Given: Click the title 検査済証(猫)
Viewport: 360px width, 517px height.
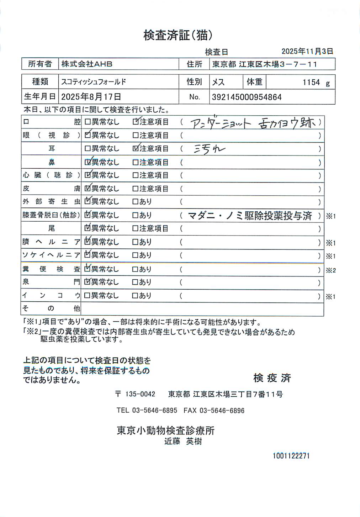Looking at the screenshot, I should coord(178,35).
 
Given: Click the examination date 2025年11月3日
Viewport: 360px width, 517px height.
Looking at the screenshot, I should coord(307,51).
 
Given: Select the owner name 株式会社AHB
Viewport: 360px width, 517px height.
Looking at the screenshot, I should coord(87,64).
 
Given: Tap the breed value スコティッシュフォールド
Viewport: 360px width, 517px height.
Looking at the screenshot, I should coord(94,82).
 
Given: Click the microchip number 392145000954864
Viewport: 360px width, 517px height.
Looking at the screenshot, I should coord(247,97).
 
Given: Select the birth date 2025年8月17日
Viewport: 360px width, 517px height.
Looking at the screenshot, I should coord(91,97).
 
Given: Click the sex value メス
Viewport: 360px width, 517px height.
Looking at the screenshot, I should coord(218,82).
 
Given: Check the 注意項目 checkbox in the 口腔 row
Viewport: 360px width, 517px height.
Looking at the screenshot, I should coord(136,122).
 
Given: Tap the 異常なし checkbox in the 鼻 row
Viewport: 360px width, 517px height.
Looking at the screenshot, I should coord(88,163).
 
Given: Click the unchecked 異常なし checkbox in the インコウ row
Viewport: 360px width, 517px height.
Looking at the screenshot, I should coord(88,296).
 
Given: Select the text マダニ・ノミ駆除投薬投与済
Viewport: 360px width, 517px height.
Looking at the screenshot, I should coord(249,216).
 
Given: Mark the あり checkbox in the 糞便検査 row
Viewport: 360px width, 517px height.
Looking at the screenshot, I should coord(135,270).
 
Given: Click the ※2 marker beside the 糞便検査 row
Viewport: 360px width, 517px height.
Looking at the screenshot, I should coord(331,270).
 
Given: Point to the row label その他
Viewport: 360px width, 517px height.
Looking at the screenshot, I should coord(51,308).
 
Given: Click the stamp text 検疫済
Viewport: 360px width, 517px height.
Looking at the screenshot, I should coord(272,378).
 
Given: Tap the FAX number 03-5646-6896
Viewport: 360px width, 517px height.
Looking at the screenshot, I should coord(222,411).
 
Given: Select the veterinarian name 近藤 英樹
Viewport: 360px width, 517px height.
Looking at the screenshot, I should coord(183,442).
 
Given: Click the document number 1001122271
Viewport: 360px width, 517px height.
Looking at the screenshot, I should coord(291,456).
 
